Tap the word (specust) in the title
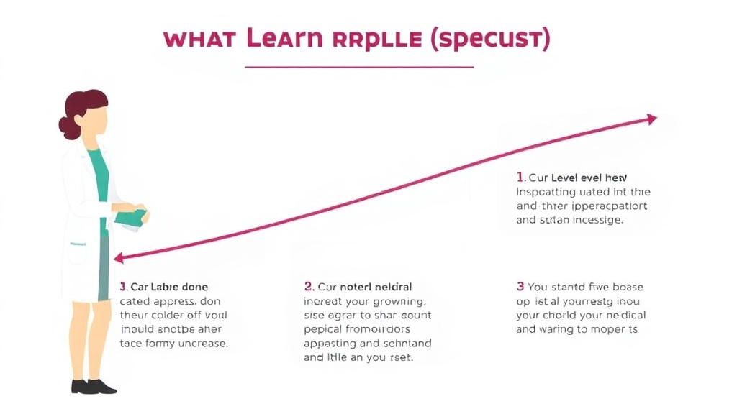tap(489, 40)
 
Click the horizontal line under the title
tap(359, 67)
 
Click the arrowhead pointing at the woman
tap(119, 257)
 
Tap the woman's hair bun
tap(69, 127)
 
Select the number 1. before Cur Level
tap(520, 177)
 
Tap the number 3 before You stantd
tap(520, 287)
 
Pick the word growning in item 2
tap(395, 301)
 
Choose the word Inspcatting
tap(548, 192)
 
